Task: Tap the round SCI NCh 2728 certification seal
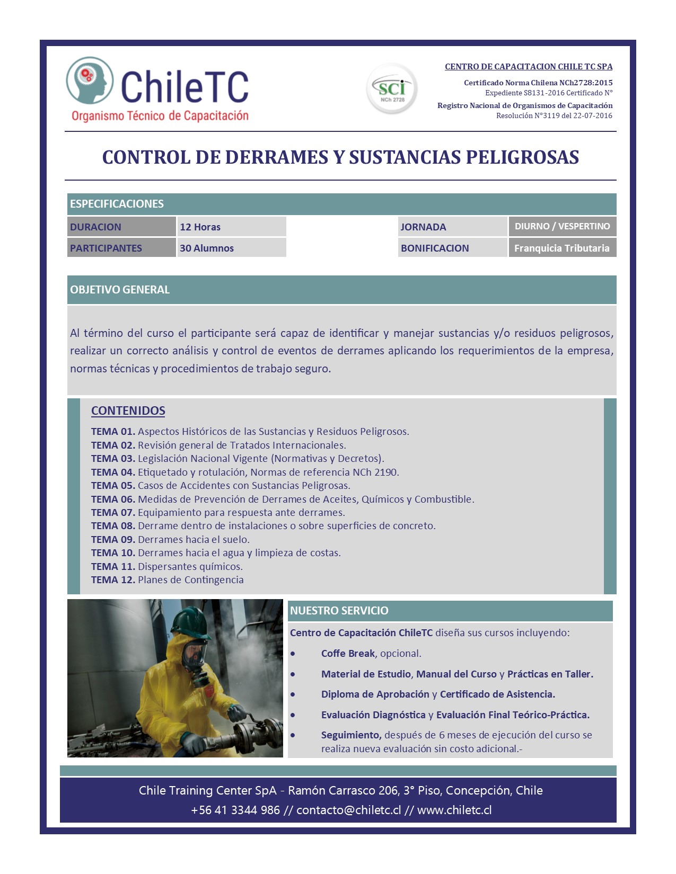coord(392,89)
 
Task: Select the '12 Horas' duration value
coord(200,227)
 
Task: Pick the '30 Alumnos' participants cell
coord(206,248)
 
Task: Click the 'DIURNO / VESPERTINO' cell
coord(562,226)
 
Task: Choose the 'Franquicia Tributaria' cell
coord(561,248)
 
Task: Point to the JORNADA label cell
coord(423,227)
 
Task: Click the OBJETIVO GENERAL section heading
coord(120,290)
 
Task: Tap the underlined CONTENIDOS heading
coord(128,411)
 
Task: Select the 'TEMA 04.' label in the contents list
coord(113,472)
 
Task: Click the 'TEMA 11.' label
coord(113,566)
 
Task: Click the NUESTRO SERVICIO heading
coord(339,611)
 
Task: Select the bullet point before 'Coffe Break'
coord(293,654)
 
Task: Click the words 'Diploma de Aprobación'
coord(375,694)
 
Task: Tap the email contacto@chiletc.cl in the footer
coord(348,810)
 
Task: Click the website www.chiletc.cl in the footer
coord(454,810)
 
